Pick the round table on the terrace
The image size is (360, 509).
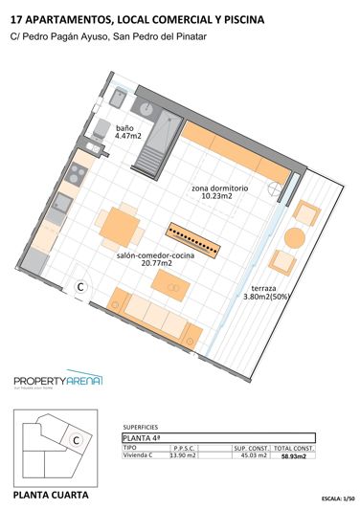point(294,236)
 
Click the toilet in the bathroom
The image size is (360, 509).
point(100,129)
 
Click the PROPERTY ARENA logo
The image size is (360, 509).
point(58,381)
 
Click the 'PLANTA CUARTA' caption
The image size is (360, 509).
point(50,496)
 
